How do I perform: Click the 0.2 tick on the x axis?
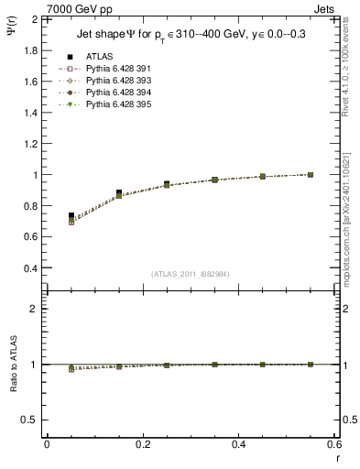coord(142,444)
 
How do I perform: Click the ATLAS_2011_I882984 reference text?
coord(191,274)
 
